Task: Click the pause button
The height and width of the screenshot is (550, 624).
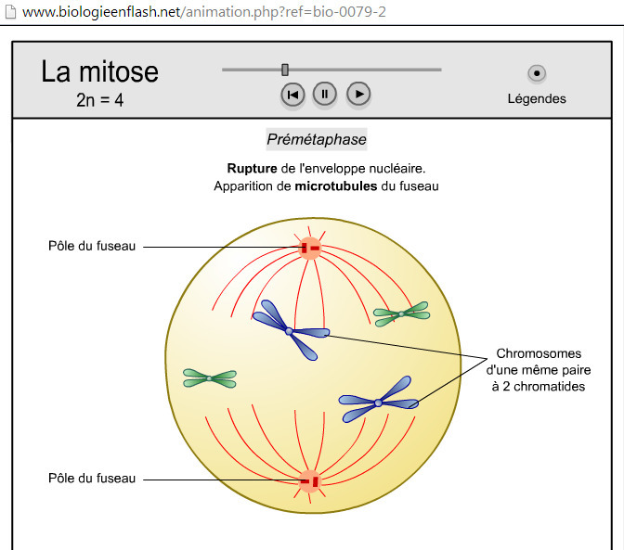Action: [325, 95]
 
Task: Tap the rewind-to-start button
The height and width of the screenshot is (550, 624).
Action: [292, 95]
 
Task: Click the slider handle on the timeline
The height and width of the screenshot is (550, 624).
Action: [285, 70]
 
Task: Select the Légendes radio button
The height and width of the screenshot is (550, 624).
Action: [537, 73]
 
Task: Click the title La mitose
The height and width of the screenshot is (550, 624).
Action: [100, 71]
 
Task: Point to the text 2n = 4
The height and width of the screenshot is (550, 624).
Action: [100, 100]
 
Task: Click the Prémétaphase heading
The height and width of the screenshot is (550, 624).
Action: [317, 139]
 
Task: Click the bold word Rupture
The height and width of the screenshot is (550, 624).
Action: [252, 169]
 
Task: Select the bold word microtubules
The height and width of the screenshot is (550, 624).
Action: [336, 186]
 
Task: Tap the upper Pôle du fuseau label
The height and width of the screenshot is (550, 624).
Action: [92, 246]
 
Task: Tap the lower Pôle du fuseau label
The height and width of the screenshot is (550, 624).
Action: [92, 478]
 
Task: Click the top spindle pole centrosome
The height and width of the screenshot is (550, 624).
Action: [309, 249]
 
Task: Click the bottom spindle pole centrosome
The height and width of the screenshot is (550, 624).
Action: [309, 481]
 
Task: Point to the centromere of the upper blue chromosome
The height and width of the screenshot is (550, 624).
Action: [290, 331]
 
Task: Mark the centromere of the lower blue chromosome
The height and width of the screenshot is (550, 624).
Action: [378, 403]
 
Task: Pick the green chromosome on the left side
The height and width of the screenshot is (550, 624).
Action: [210, 378]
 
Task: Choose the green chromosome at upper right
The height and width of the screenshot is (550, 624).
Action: [401, 313]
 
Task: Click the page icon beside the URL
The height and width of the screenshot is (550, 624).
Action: [10, 11]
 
